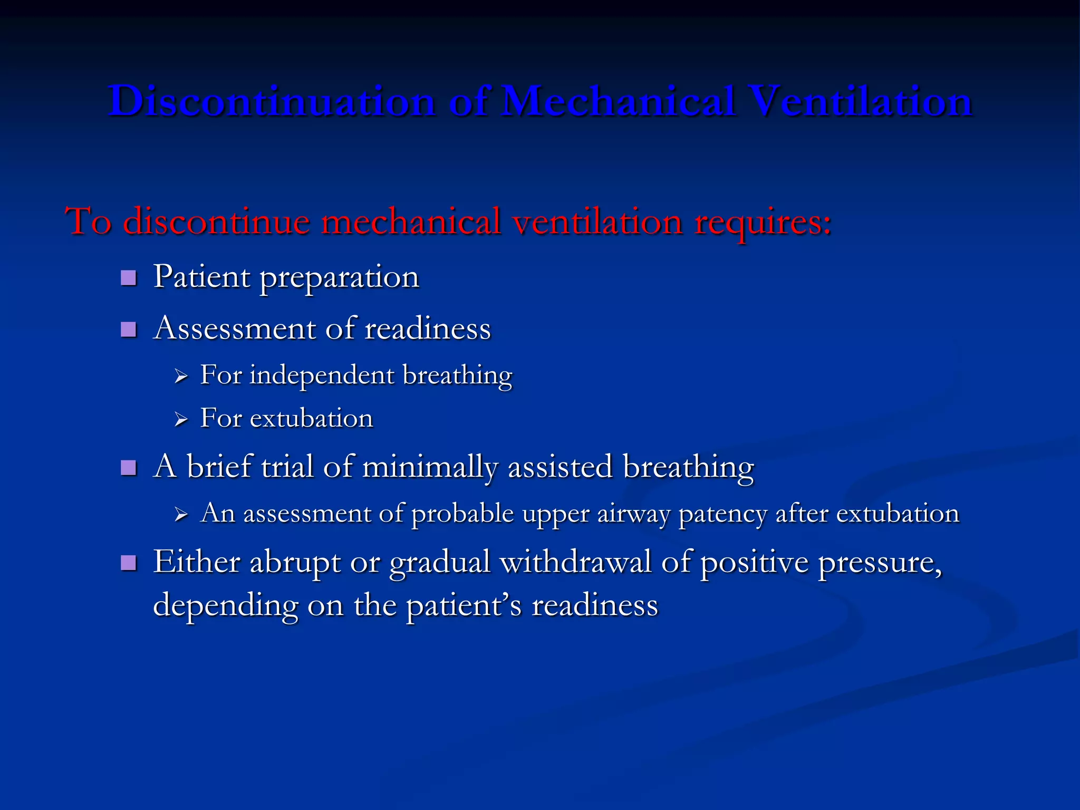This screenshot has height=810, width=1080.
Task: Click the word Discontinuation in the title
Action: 272,101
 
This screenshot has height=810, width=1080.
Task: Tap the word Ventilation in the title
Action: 860,101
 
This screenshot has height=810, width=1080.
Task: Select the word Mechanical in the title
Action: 618,101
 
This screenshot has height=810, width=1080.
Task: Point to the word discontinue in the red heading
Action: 216,221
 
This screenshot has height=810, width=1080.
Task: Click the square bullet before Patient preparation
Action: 129,278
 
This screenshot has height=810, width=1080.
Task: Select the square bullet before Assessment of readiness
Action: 129,330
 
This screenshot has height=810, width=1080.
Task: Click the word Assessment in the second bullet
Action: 234,329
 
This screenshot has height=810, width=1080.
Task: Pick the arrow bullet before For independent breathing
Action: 181,377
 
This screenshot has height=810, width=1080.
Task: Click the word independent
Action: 322,375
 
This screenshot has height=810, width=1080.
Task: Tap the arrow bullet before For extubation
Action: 181,420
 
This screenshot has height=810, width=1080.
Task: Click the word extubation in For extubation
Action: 311,419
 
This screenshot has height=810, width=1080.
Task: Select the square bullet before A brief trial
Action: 129,468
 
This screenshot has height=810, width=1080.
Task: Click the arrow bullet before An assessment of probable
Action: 181,515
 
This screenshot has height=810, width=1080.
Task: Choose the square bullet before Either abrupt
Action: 129,563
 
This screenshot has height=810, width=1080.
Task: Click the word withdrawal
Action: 575,562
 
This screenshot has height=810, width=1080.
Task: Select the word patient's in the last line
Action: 464,605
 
